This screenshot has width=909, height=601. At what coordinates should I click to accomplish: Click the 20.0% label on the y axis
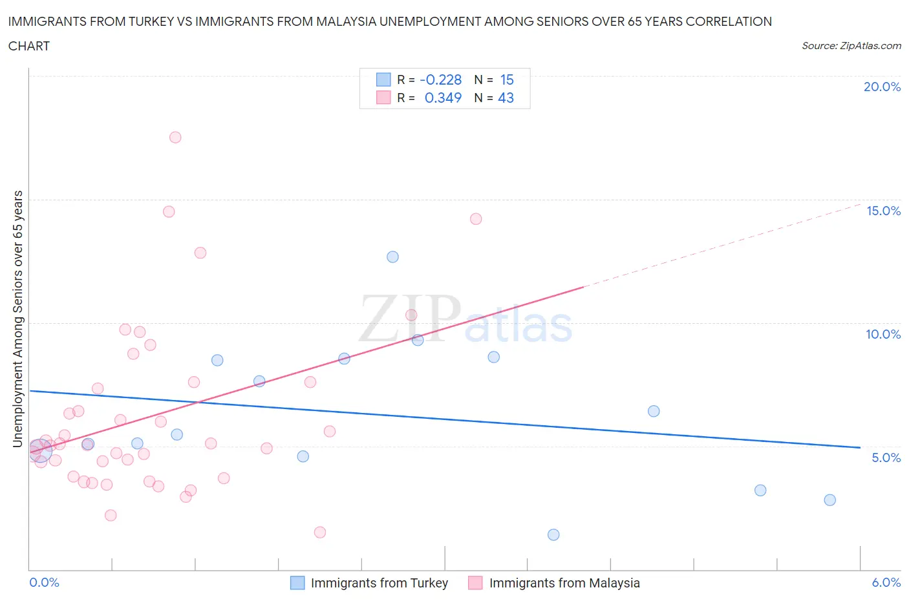point(882,87)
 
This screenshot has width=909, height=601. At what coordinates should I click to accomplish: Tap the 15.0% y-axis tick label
point(883,211)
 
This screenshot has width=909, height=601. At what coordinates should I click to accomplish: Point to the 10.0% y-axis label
point(883,334)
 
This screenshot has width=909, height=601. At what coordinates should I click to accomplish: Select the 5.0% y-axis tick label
point(886,458)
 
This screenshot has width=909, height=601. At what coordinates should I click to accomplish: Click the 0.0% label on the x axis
point(44,582)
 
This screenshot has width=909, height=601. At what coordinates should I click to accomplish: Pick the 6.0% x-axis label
point(886,582)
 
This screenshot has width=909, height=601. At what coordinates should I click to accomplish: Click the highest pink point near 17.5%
point(175,137)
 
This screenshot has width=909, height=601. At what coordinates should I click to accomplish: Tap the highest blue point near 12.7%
point(392,257)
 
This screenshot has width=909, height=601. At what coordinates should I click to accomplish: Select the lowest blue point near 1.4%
point(553,534)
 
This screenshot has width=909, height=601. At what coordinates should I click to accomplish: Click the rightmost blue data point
point(830,500)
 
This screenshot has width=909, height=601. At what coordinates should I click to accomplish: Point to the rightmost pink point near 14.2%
point(476,218)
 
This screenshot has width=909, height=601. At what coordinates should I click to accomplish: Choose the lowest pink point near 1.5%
point(320,532)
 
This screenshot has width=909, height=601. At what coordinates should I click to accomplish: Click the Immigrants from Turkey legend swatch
point(297,583)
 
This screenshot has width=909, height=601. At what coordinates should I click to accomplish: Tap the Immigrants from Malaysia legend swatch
point(475,583)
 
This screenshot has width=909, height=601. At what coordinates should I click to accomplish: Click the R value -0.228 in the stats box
point(440,79)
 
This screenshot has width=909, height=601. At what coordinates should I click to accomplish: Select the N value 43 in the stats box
point(506,98)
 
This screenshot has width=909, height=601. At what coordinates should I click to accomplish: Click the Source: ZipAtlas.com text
point(851,45)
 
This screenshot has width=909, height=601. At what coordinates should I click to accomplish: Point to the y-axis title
point(17,319)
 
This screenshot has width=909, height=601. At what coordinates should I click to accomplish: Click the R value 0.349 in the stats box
point(443,98)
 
